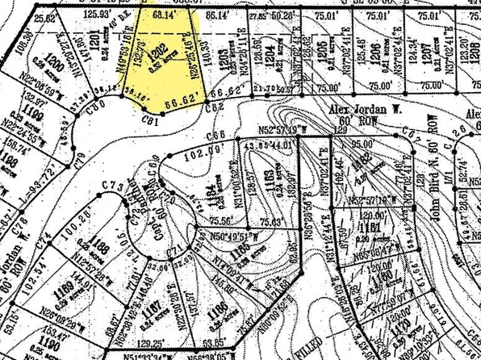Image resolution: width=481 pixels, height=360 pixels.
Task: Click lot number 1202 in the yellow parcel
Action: (161, 49)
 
